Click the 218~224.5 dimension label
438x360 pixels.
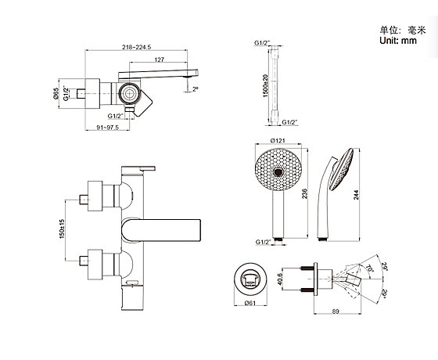pos(136,47)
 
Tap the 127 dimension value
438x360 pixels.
pos(159,59)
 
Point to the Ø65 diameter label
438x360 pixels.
pos(56,93)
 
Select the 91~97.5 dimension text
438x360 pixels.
pos(108,128)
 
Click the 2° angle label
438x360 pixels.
pos(196,89)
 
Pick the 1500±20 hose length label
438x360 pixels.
pos(265,86)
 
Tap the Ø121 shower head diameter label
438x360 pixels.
pos(278,140)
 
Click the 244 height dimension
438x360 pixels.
pos(356,195)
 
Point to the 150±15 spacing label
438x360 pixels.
pos(62,229)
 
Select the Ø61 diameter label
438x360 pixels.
pos(250,303)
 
